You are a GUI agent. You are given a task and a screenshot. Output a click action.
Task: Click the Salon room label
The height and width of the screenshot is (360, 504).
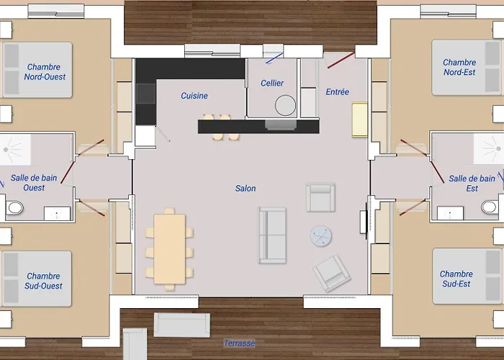tap(246, 189)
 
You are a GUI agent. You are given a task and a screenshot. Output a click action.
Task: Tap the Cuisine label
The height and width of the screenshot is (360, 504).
tap(194, 96)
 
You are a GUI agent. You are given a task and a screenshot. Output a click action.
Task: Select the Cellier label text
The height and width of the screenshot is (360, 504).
tap(272, 84)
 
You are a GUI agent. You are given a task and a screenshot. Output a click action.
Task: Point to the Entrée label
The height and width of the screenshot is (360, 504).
tap(337, 92)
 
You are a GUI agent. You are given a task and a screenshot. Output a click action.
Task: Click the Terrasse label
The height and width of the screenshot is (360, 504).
tap(240, 343)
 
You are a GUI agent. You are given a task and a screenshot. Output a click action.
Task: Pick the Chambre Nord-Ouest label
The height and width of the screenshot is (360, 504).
tap(45, 72)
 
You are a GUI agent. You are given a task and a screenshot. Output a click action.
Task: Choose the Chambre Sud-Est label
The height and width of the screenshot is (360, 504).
tap(456, 279)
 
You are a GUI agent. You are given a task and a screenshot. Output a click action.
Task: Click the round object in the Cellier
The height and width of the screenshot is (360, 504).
tap(285, 105)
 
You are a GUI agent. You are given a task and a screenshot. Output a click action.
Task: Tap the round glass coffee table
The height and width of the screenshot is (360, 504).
tap(321, 235)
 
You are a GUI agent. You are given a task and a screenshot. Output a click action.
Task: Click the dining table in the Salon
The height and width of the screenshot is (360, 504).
tap(169, 249)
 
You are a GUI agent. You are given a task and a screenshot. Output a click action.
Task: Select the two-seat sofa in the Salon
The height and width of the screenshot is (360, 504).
tap(272, 235)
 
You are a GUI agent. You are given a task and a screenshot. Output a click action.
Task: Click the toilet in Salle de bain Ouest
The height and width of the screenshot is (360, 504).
tap(14, 207)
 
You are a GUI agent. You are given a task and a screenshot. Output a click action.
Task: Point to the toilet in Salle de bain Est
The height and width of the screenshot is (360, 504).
tap(490, 207)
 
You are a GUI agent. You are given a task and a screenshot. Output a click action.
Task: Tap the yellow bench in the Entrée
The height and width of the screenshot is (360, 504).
tap(360, 120)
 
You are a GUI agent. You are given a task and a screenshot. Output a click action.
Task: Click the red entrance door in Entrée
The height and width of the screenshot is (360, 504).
tap(341, 60)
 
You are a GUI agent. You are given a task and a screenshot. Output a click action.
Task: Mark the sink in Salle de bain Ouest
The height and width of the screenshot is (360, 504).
tap(57, 214)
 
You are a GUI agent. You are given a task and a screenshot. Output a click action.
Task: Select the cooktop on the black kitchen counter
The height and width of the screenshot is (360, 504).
tap(146, 94)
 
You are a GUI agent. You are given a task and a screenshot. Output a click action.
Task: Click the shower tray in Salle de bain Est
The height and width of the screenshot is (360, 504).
tap(489, 148)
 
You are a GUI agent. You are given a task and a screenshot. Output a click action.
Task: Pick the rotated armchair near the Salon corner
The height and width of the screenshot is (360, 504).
tap(332, 273)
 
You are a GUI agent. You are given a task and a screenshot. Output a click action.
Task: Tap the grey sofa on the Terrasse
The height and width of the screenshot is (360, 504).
tap(182, 325)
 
